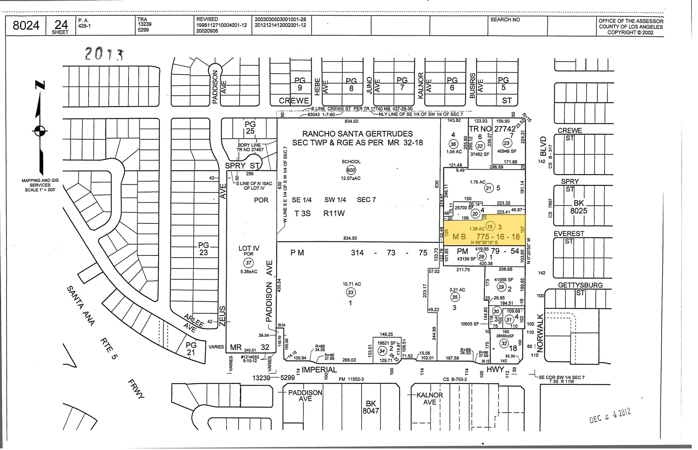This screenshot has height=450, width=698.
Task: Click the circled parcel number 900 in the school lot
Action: click(x=351, y=170)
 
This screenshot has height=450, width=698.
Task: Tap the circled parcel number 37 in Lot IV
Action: click(x=248, y=263)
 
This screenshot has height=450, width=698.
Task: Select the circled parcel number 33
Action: click(x=350, y=292)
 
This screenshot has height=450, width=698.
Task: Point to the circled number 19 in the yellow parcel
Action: click(x=490, y=227)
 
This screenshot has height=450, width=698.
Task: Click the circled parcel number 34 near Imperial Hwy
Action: click(x=382, y=351)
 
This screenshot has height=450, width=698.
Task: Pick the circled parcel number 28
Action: click(x=481, y=257)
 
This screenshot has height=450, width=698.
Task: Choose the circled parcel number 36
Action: click(x=453, y=144)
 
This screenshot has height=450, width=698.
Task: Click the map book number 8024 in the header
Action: click(x=26, y=25)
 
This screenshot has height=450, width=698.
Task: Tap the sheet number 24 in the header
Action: click(x=61, y=25)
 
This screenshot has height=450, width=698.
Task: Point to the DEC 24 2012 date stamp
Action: click(x=610, y=416)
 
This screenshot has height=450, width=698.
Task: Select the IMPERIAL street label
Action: click(x=319, y=370)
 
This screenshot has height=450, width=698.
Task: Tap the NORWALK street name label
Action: click(x=540, y=333)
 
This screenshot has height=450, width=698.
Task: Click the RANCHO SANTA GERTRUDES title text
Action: click(x=358, y=134)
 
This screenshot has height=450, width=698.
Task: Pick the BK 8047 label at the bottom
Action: click(x=370, y=407)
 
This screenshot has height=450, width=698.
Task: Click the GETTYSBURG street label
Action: click(x=580, y=285)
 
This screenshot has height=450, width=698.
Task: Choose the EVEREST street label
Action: click(x=568, y=234)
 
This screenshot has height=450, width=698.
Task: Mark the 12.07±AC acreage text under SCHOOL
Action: click(x=351, y=178)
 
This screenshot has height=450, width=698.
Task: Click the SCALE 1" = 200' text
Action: click(x=40, y=190)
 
